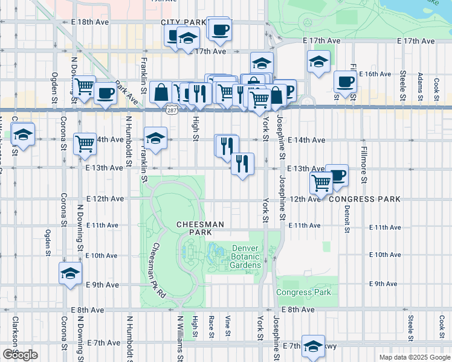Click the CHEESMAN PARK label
(x=200, y=228)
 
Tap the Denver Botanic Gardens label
(x=245, y=256)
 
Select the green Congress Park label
(x=303, y=293)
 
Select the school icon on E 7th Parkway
(x=313, y=346)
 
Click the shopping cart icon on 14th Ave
(x=85, y=143)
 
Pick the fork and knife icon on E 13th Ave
(x=242, y=163)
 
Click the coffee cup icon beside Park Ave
(x=105, y=93)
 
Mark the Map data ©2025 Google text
(x=414, y=357)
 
